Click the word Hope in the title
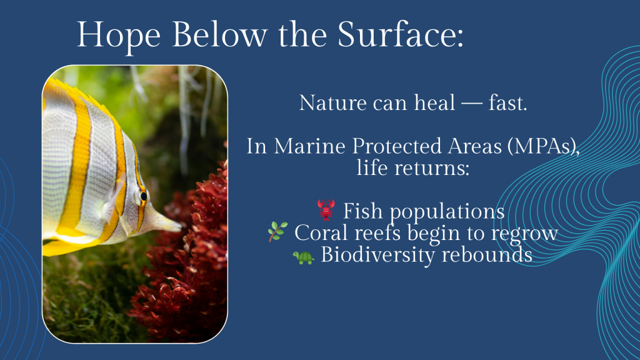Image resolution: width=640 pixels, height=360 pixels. coord(119,36)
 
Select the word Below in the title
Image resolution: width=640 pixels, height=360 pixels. coord(219,34)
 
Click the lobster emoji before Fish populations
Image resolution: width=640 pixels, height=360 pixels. coord(326,210)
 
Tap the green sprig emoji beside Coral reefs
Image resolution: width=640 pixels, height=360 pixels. coord(277,231)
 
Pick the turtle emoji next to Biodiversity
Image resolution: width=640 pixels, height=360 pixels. coord(303,257)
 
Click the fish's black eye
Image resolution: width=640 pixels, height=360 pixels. coord(144,196)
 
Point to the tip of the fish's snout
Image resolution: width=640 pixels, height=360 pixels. coord(180,225)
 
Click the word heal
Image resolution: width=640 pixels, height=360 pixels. coord(434,102)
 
